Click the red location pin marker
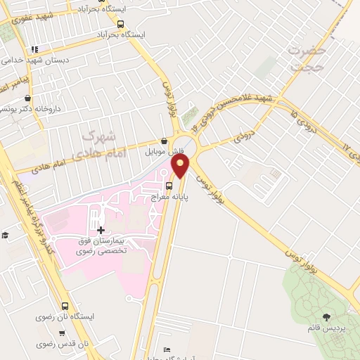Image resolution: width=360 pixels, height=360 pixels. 181,166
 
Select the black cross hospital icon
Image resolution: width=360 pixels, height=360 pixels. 100,230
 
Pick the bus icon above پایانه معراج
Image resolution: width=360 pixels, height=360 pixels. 169,186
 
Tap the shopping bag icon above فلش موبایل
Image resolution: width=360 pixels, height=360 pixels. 164,141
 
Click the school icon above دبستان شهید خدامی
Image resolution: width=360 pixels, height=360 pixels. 33,49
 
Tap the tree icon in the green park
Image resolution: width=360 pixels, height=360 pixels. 326,316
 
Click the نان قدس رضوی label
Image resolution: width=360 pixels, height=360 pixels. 64,343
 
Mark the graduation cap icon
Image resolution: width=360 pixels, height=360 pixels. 5,236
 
